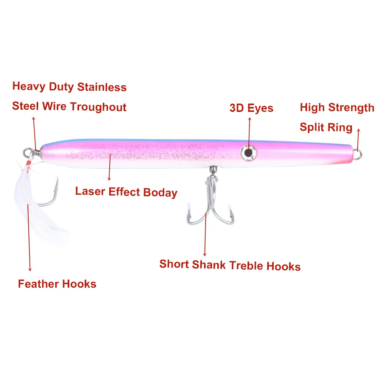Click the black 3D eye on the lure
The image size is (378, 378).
pos(247,152)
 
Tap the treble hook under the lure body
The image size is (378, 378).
pos(207,204)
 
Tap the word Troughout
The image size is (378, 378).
pos(98,107)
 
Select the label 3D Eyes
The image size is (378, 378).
pos(251,108)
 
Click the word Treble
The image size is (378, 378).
pos(246,265)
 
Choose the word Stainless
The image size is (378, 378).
pos(102,87)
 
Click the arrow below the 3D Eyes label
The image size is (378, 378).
pos(249,132)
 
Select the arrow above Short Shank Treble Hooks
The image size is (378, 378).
pos(205,234)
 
